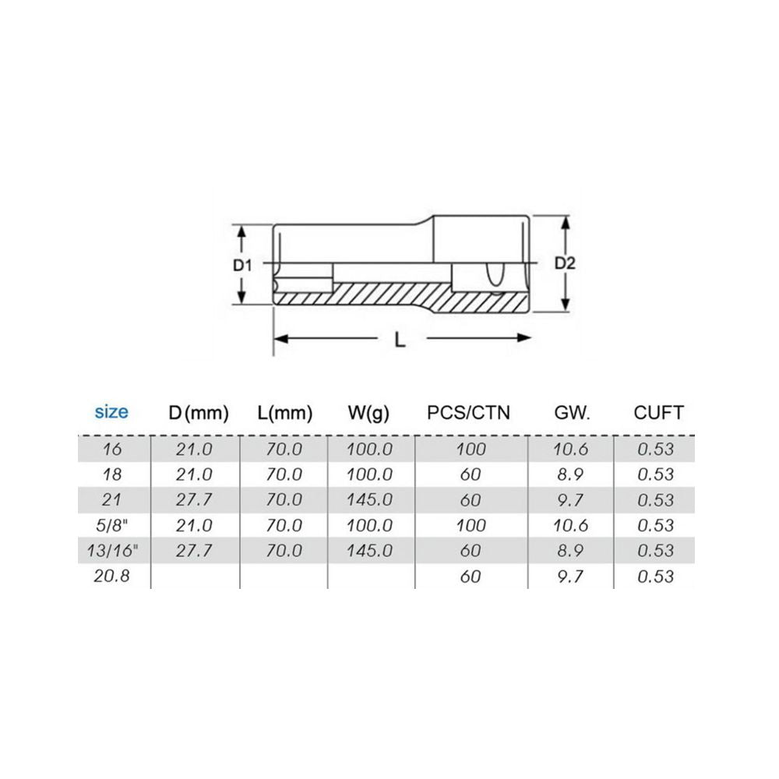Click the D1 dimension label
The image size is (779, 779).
(x=243, y=265)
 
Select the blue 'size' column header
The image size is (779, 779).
(x=111, y=411)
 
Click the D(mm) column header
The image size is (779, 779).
(x=199, y=413)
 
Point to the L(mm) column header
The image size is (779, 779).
(x=284, y=413)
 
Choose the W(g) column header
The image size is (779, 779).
(x=368, y=413)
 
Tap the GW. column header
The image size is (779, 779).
(x=573, y=413)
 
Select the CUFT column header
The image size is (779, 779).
(x=658, y=413)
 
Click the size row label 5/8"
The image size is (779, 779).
(x=111, y=525)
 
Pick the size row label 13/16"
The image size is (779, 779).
(x=111, y=551)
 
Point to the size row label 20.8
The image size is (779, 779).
(x=111, y=576)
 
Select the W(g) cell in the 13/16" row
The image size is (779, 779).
(x=369, y=551)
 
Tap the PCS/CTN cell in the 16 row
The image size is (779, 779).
(x=471, y=449)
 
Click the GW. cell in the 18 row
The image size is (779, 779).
(x=571, y=474)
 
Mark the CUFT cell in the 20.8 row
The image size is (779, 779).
(x=655, y=576)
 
